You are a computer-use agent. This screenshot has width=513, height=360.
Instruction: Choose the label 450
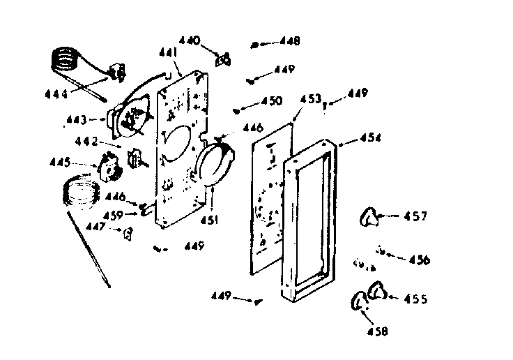coord(270,101)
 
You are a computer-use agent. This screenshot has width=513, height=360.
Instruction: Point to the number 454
coord(370,138)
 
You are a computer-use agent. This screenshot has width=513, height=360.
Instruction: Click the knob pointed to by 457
coord(371,218)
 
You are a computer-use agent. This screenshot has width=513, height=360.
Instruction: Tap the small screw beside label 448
coord(255,45)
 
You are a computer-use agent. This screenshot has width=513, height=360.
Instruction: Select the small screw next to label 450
coord(239,108)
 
